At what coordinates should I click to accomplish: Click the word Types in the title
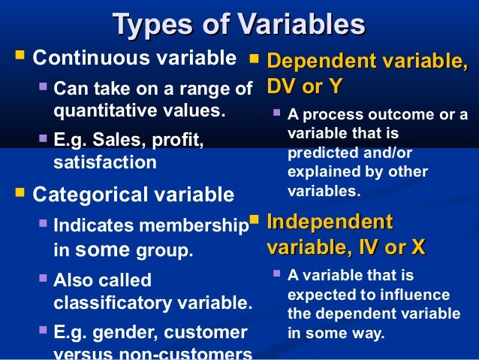[147, 25]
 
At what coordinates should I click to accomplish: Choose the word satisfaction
[105, 161]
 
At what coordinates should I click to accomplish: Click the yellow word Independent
[330, 222]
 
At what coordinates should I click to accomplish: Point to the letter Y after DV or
[335, 86]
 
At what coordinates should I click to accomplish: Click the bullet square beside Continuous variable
[19, 57]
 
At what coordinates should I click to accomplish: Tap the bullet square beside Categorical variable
[19, 195]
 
